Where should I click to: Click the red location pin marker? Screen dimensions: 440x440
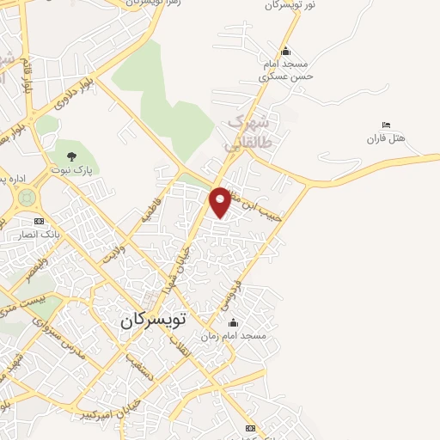click(221, 201)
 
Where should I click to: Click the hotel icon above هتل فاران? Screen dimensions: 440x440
click(386, 125)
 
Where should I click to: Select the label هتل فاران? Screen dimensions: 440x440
click(386, 138)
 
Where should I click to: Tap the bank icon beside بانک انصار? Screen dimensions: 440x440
click(39, 221)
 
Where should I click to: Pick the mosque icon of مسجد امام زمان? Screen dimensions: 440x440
click(232, 323)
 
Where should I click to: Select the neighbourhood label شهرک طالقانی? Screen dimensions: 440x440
click(249, 132)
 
